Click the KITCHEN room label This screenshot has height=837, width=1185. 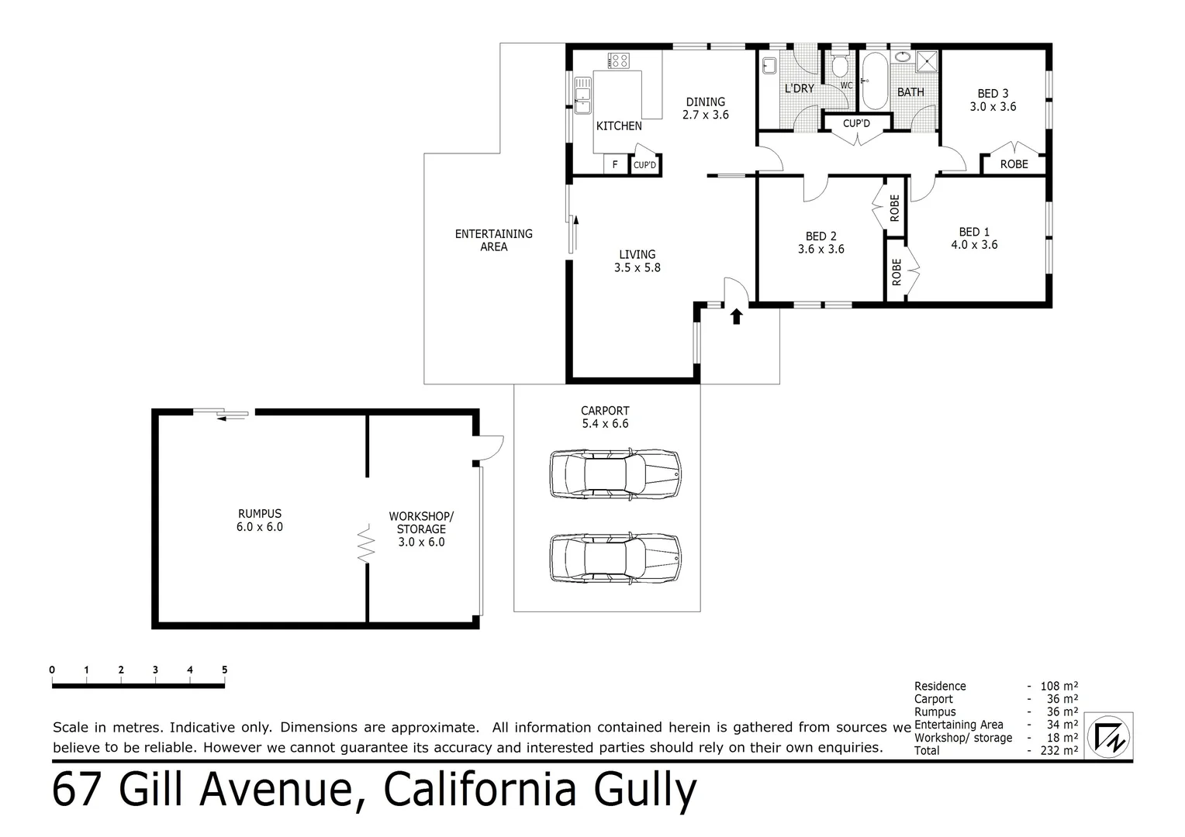pyautogui.click(x=619, y=126)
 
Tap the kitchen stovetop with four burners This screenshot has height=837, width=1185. pyautogui.click(x=619, y=60)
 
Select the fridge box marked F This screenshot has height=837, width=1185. pyautogui.click(x=615, y=165)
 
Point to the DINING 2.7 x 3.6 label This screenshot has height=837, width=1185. pyautogui.click(x=705, y=108)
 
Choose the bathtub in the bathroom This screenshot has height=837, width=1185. pyautogui.click(x=874, y=81)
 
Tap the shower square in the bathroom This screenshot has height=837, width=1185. pyautogui.click(x=927, y=61)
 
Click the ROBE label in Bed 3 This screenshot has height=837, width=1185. pyautogui.click(x=1014, y=164)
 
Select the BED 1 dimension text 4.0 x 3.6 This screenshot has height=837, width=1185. pyautogui.click(x=974, y=245)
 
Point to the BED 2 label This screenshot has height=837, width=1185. pyautogui.click(x=821, y=236)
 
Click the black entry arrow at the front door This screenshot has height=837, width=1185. pyautogui.click(x=736, y=315)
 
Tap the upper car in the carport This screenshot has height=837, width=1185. pyautogui.click(x=615, y=473)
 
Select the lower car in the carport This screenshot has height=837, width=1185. pyautogui.click(x=615, y=557)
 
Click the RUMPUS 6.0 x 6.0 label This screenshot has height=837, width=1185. pyautogui.click(x=260, y=520)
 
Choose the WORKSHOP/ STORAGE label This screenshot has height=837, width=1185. pyautogui.click(x=421, y=529)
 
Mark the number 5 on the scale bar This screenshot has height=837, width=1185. pyautogui.click(x=224, y=670)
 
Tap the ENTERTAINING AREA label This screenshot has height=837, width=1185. pyautogui.click(x=493, y=240)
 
